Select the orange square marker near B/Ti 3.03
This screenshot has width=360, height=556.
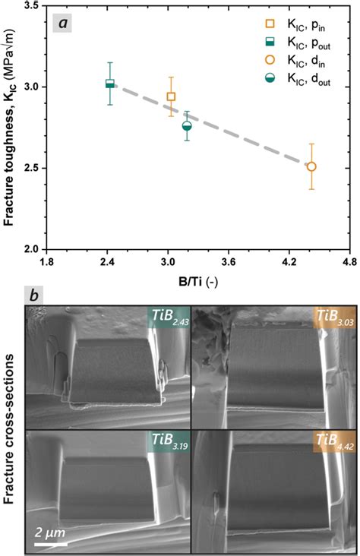(171, 96)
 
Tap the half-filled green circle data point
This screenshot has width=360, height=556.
(188, 126)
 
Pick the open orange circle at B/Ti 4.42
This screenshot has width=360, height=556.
(311, 166)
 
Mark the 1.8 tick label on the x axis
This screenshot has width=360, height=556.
(46, 262)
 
